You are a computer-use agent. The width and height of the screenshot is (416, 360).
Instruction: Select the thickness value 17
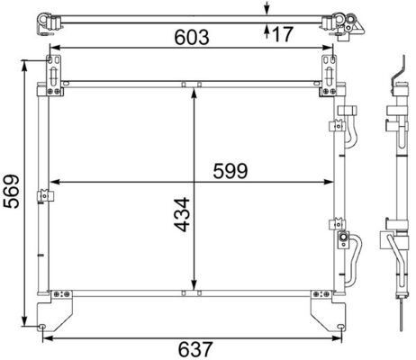[281, 35]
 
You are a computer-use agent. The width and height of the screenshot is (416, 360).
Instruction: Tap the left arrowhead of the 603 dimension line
[51, 49]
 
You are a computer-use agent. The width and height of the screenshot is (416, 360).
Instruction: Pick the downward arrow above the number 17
[267, 12]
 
